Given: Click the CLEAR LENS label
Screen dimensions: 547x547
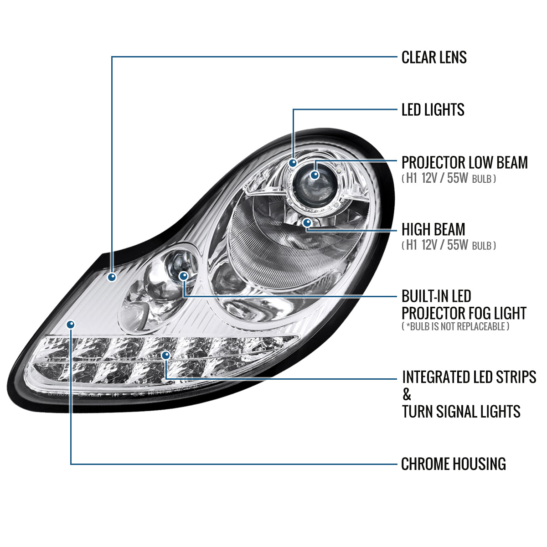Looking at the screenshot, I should [434, 57].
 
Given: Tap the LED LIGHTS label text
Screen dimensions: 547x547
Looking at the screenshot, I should [433, 110].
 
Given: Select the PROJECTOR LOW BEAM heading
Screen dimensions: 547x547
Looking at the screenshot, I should [464, 163].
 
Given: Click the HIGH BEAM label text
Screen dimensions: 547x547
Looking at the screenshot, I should [433, 229].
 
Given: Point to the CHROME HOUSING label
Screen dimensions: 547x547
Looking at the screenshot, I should [453, 464].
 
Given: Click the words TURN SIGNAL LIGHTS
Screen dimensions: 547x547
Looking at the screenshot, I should [461, 412].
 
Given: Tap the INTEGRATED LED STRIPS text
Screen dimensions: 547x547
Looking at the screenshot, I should [469, 377].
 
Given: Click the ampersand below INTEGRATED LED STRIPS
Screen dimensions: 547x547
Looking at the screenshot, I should [407, 395].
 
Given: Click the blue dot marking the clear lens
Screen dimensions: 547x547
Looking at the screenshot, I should [112, 276].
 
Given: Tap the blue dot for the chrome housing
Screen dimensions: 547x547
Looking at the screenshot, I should [70, 324].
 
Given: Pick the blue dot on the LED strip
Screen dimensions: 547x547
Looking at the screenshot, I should [165, 355].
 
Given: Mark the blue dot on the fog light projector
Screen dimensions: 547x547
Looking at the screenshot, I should [183, 276].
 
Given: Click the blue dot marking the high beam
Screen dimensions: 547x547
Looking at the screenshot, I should [307, 222].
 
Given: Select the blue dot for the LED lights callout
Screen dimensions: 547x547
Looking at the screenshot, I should [293, 162].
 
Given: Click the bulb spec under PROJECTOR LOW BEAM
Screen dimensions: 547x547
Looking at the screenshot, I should [449, 179].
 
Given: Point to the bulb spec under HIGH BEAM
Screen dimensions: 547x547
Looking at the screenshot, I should [449, 245].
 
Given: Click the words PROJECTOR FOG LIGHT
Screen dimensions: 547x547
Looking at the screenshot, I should [464, 314].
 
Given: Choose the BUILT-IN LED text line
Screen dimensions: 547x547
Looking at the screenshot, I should [436, 297].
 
